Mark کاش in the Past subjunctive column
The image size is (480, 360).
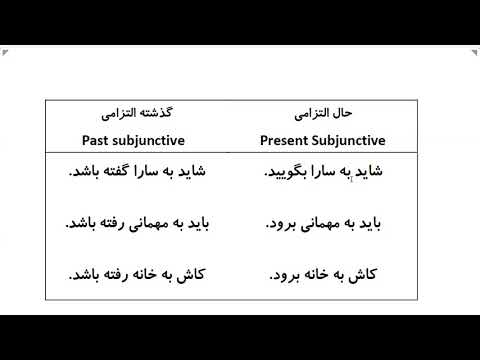[183, 273]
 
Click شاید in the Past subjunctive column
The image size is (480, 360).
[186, 171]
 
